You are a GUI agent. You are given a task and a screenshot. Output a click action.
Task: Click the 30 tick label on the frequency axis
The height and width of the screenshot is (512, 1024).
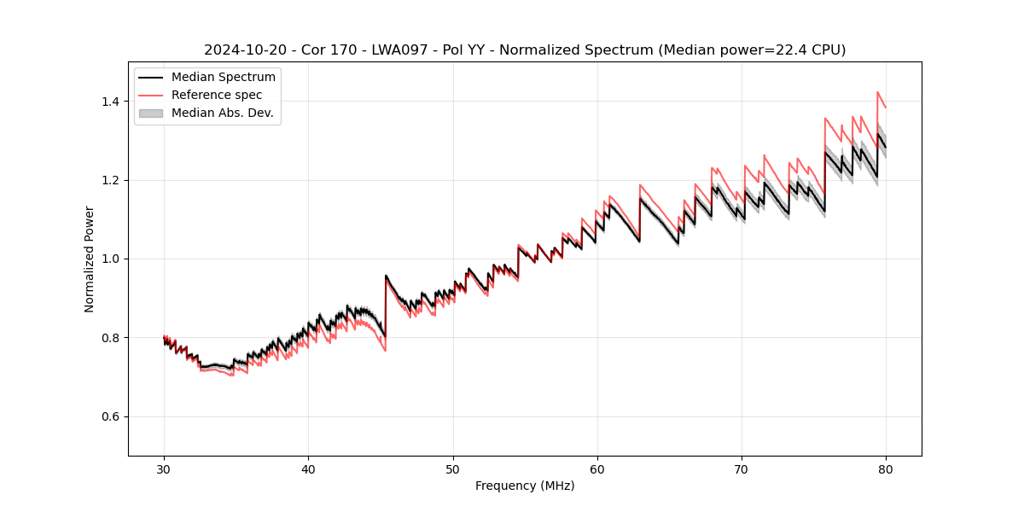click(164, 468)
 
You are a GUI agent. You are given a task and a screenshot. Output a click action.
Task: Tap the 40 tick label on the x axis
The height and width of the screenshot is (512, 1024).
click(308, 468)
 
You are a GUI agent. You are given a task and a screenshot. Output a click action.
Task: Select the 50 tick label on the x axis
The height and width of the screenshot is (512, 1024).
click(453, 468)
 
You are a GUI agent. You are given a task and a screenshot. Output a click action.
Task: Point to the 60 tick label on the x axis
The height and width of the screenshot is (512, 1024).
click(597, 468)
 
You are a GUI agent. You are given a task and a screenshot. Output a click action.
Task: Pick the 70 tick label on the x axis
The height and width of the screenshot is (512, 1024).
click(742, 468)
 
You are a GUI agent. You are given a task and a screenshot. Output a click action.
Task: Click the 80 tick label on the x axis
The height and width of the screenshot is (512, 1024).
click(886, 468)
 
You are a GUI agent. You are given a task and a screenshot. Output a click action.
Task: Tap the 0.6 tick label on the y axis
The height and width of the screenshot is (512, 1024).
click(110, 416)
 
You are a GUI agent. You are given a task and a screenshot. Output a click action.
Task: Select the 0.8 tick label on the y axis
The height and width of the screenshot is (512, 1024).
click(110, 338)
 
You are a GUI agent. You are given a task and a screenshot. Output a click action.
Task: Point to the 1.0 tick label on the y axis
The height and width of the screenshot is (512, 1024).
click(110, 259)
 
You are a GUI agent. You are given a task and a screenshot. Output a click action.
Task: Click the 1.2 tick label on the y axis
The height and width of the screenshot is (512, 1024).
click(110, 180)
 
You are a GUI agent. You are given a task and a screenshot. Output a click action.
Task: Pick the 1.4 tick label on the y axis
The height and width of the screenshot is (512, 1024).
click(110, 102)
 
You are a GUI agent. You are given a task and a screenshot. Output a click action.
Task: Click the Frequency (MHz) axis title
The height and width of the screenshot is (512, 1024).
click(525, 486)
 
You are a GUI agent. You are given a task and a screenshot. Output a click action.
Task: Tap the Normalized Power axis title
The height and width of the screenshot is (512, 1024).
click(90, 259)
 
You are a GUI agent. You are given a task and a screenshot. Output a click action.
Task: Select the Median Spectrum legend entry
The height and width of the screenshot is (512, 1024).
click(224, 78)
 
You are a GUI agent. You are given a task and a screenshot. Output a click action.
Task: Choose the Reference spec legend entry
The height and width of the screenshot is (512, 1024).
click(217, 95)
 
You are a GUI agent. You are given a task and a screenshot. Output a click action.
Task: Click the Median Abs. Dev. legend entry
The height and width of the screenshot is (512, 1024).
click(223, 113)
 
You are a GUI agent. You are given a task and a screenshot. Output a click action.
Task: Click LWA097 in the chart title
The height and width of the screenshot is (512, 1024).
click(399, 50)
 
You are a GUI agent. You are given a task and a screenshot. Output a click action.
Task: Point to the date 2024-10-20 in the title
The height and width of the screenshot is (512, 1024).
click(241, 50)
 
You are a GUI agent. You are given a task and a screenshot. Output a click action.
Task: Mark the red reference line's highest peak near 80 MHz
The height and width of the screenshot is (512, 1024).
click(877, 92)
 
